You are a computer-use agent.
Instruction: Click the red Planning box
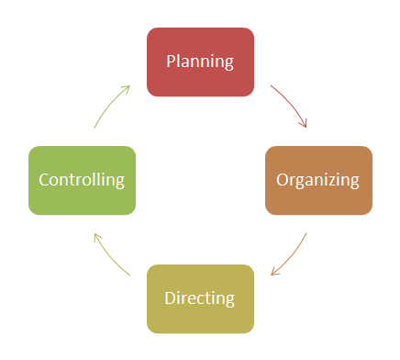[x=200, y=62]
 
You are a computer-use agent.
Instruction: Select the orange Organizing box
[x=318, y=181]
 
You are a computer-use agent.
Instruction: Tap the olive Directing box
[x=200, y=299]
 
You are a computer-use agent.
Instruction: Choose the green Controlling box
[x=82, y=181]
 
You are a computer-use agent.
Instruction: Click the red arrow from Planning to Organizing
[x=292, y=104]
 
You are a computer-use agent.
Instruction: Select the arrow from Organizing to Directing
[x=292, y=257]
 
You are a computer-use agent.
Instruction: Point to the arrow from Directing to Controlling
[x=109, y=257]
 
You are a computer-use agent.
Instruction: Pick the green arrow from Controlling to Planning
[x=109, y=104]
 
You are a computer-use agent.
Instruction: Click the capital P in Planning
[x=172, y=61]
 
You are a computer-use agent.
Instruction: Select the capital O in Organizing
[x=283, y=180]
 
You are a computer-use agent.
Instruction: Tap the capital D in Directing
[x=171, y=298]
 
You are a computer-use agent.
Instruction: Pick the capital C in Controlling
[x=44, y=180]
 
